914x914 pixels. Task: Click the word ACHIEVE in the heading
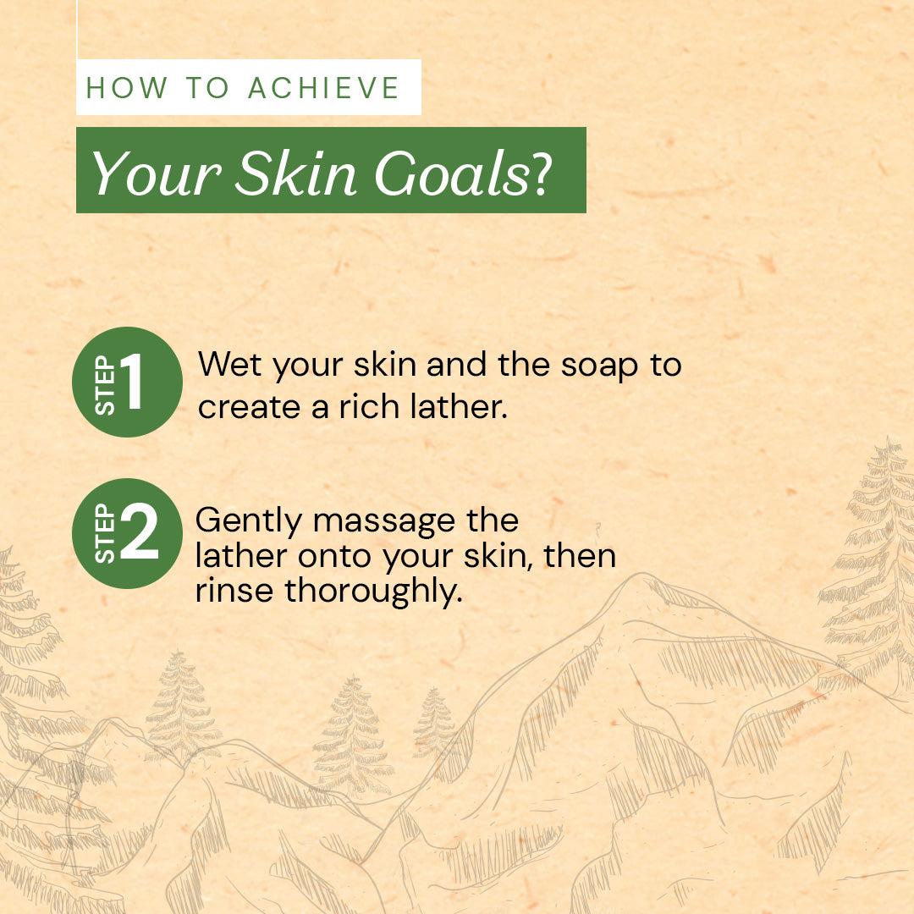(x=323, y=88)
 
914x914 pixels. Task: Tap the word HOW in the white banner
(x=126, y=88)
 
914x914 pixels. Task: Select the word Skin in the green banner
(x=295, y=173)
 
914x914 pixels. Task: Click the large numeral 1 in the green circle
(x=134, y=381)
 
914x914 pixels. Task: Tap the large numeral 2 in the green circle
(x=140, y=531)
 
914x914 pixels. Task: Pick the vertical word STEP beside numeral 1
(x=105, y=385)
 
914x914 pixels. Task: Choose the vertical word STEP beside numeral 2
(x=105, y=533)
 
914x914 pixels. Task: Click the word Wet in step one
(x=229, y=364)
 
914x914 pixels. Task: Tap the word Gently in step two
(x=248, y=521)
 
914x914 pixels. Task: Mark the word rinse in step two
(x=234, y=591)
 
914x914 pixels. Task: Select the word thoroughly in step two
(x=374, y=593)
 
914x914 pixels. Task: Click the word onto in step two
(x=334, y=557)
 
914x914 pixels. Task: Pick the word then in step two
(x=580, y=555)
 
